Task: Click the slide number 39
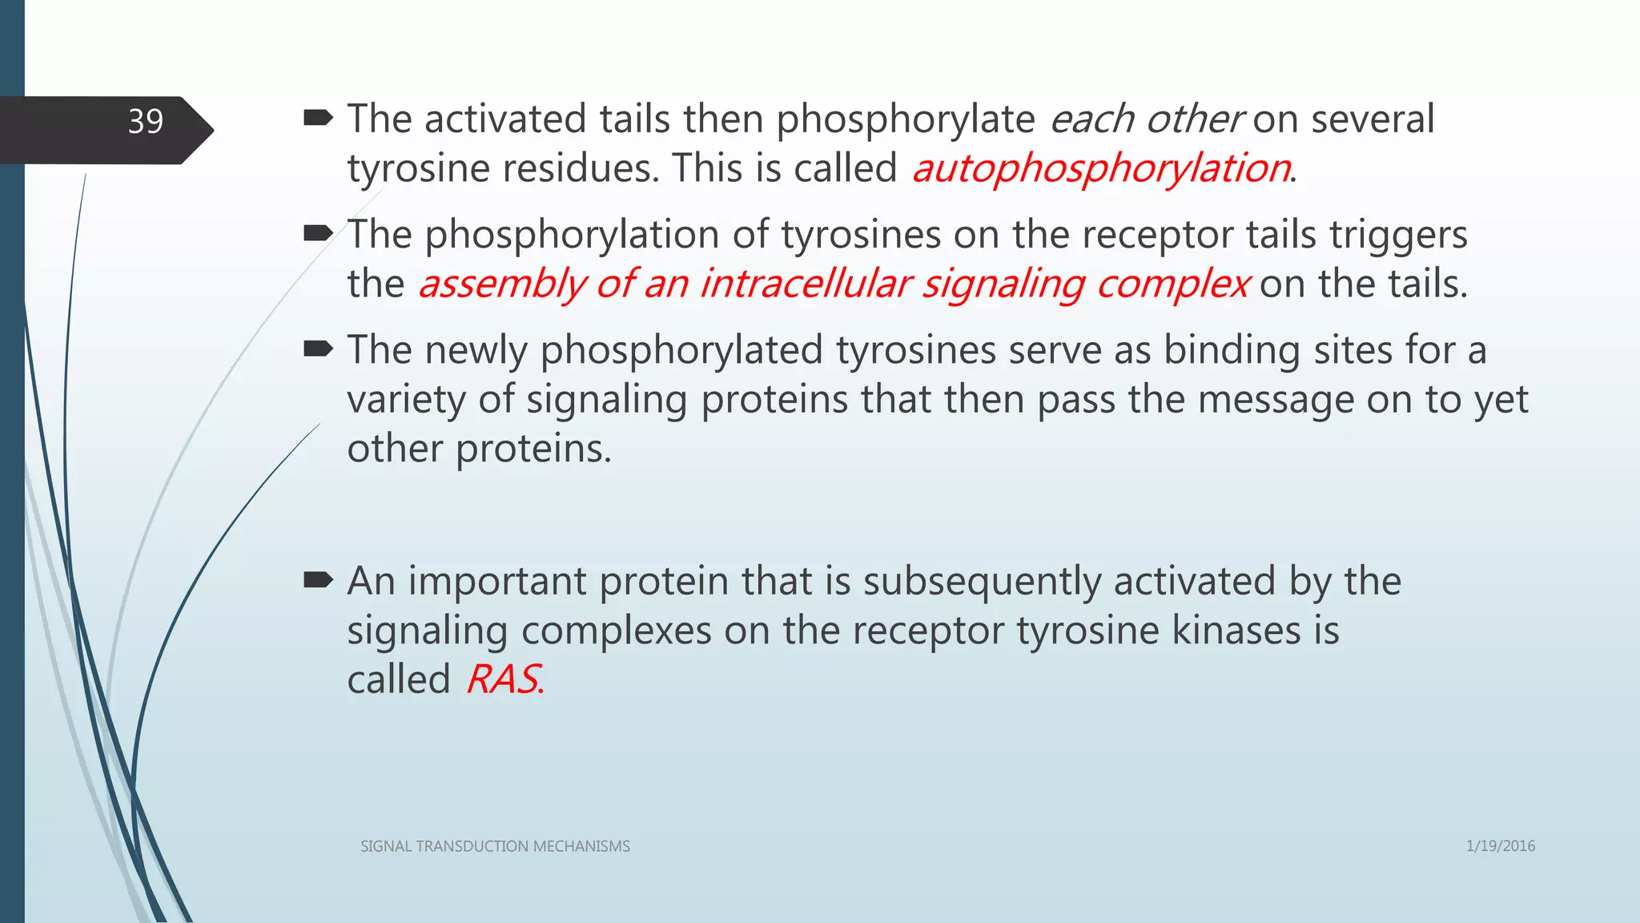[x=146, y=122]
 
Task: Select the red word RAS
[x=503, y=680]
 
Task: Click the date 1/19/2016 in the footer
[x=1500, y=846]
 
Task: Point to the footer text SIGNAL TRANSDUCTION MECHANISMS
[x=495, y=847]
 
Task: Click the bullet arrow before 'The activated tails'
[x=318, y=119]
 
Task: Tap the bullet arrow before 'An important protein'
[x=318, y=581]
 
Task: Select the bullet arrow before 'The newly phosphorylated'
[x=318, y=349]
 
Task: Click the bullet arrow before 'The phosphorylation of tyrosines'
[x=318, y=234]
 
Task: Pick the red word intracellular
[x=805, y=284]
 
